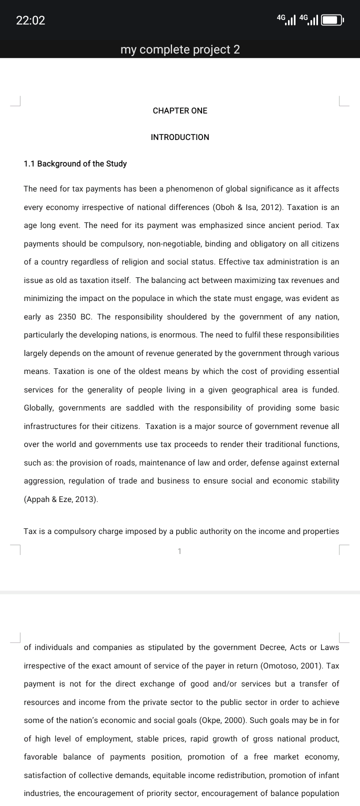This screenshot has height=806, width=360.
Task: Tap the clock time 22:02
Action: click(30, 20)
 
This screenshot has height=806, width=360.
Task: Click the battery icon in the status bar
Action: click(332, 20)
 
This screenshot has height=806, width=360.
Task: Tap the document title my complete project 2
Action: click(180, 49)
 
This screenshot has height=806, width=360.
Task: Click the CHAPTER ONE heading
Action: click(180, 110)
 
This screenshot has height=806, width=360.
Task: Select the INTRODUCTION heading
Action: click(180, 137)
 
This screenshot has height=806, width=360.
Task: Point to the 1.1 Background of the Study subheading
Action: click(75, 163)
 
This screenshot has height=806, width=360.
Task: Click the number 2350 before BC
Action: click(67, 316)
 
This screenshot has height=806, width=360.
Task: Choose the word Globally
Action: click(39, 407)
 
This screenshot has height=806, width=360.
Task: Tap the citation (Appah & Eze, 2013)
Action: click(61, 499)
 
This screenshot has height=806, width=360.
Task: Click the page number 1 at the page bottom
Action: click(180, 551)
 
